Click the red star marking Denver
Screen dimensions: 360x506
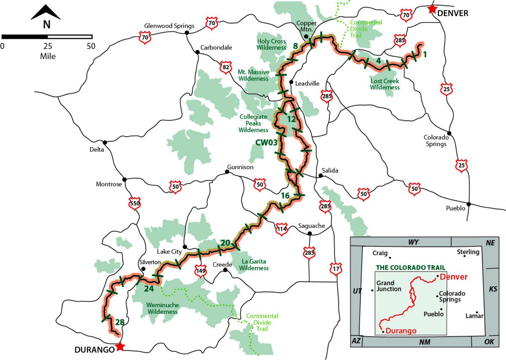point(431,9)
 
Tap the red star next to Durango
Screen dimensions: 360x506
point(120,346)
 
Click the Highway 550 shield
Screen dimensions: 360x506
point(135,204)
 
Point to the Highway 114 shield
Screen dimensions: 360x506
point(282,229)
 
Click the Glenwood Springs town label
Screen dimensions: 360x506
point(169,26)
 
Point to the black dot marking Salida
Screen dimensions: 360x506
point(320,176)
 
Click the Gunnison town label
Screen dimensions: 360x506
point(240,167)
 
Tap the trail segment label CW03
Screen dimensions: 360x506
point(266,143)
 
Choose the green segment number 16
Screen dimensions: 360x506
point(285,195)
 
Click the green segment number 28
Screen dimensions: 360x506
point(120,322)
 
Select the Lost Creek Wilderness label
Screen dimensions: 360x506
point(385,84)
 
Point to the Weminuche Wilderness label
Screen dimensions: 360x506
point(162,308)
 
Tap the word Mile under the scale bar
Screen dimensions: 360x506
point(48,56)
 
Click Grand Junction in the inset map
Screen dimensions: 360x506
point(385,286)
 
